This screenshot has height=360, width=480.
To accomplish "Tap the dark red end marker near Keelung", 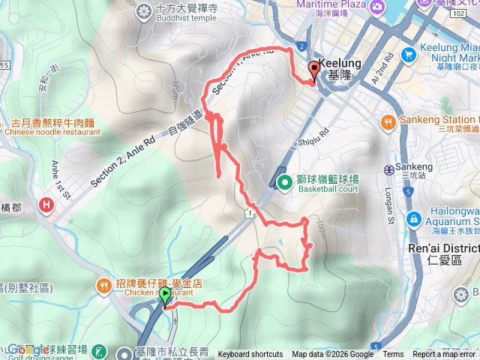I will pyautogui.click(x=313, y=72).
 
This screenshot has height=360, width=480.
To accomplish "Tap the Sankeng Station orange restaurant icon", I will pyautogui.click(x=388, y=121).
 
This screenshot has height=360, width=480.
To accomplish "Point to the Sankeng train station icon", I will pyautogui.click(x=388, y=170).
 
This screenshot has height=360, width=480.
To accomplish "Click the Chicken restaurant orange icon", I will pyautogui.click(x=103, y=285).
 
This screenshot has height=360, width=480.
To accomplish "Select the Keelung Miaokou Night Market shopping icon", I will pyautogui.click(x=409, y=53).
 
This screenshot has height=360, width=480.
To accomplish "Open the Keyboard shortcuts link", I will pyautogui.click(x=250, y=355).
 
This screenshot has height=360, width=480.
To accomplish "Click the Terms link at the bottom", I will pyautogui.click(x=393, y=355).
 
